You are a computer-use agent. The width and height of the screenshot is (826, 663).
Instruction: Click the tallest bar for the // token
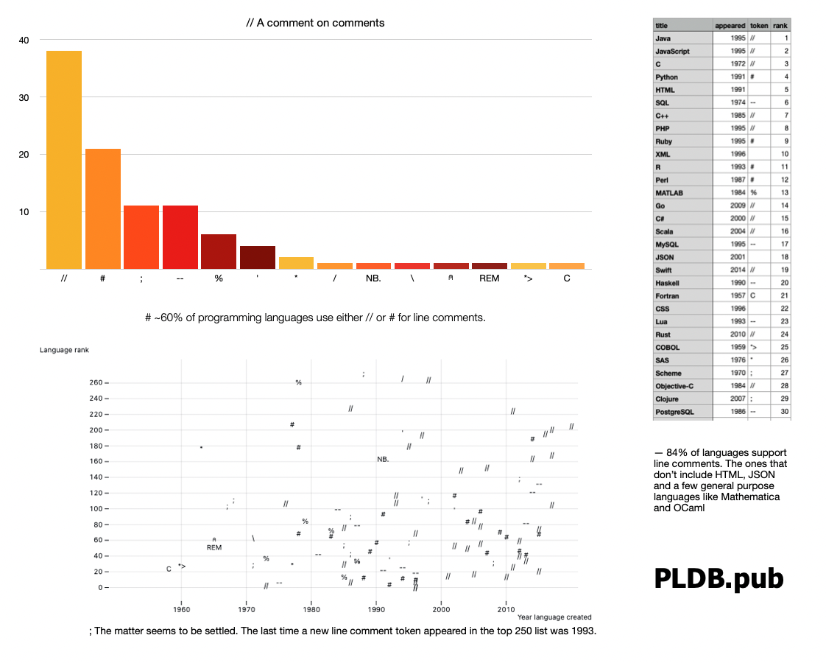(63, 160)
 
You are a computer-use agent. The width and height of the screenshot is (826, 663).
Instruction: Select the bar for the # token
(102, 209)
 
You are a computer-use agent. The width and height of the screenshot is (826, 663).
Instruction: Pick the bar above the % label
(219, 252)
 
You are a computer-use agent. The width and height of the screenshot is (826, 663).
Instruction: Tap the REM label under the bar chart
(489, 279)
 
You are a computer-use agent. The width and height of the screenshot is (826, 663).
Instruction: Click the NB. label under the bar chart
(373, 279)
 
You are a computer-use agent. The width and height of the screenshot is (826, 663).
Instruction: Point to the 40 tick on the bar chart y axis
(24, 41)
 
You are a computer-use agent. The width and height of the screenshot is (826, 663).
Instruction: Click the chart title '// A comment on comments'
(315, 23)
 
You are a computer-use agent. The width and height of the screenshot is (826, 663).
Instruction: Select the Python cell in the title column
(667, 77)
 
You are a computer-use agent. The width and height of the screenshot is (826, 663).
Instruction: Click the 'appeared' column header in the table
(730, 25)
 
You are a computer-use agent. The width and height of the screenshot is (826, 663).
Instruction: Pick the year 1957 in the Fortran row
(738, 295)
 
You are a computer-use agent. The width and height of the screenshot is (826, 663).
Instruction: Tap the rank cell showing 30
(786, 411)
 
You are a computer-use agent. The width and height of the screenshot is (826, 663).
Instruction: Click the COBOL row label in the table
(668, 347)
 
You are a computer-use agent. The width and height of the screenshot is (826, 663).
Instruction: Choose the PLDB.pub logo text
(719, 578)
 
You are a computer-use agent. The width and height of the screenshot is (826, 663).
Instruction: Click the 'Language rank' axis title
(64, 350)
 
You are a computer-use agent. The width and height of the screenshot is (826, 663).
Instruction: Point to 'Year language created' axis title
(554, 617)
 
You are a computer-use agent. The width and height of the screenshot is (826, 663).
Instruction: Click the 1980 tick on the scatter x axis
(311, 608)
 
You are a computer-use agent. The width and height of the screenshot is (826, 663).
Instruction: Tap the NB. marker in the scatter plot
(383, 459)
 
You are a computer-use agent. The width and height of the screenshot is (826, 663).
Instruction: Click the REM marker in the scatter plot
(214, 547)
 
